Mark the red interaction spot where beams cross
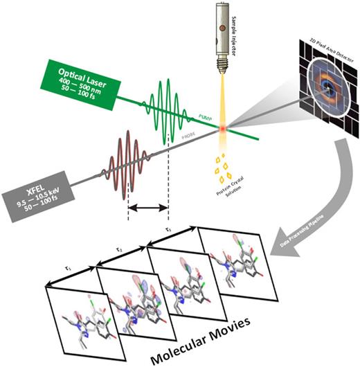(x=224, y=129)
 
